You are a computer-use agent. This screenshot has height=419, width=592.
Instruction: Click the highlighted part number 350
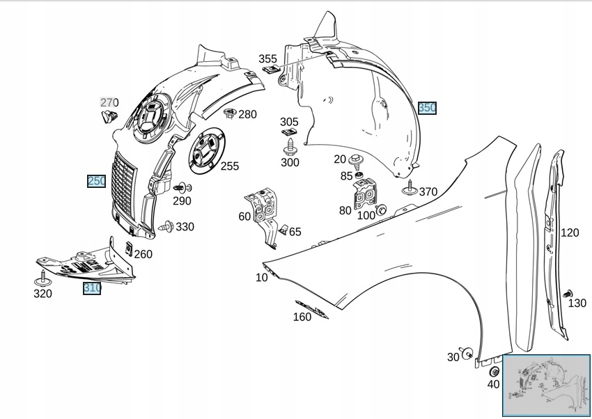427,108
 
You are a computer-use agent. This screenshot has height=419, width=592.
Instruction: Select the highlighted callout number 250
96,181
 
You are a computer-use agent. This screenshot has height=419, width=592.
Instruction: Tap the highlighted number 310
92,287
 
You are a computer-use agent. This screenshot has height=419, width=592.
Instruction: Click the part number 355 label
267,59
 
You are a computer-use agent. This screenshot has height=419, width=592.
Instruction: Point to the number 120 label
570,232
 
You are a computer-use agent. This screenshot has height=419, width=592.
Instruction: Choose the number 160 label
302,317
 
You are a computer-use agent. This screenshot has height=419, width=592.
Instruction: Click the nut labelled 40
494,372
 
